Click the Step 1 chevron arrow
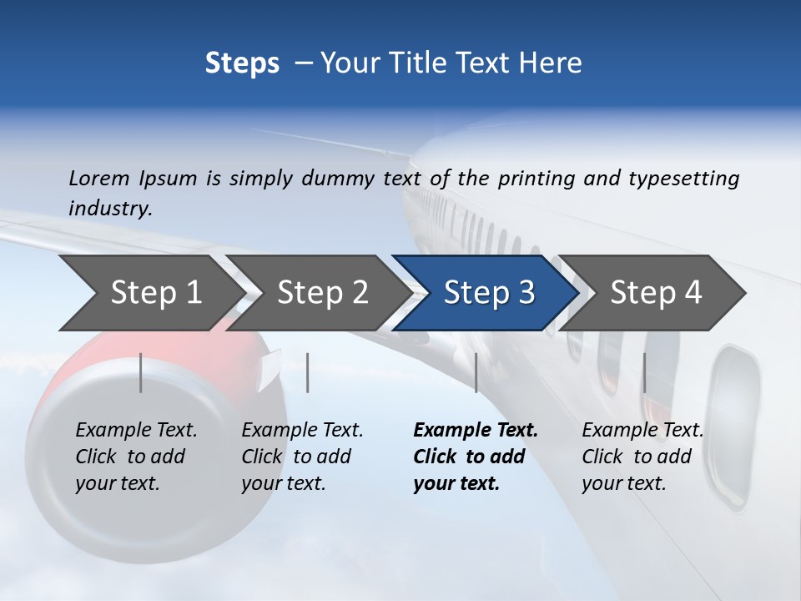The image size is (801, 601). pyautogui.click(x=150, y=293)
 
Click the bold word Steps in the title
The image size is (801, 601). pyautogui.click(x=242, y=63)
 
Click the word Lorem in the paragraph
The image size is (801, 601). pyautogui.click(x=99, y=178)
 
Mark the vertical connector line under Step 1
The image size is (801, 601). pyautogui.click(x=141, y=372)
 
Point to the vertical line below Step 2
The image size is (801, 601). pyautogui.click(x=308, y=372)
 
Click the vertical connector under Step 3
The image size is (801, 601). pyautogui.click(x=476, y=372)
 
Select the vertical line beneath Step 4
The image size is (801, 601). pyautogui.click(x=644, y=372)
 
